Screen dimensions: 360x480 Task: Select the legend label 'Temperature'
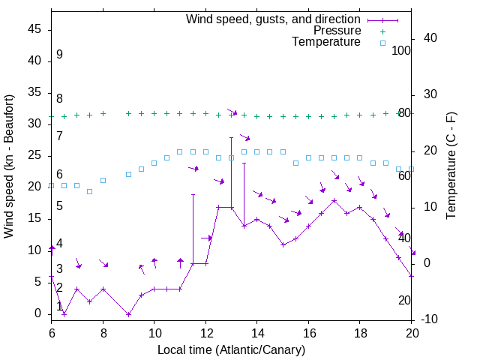coord(326,42)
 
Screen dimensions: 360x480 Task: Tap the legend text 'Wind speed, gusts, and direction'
coord(274,19)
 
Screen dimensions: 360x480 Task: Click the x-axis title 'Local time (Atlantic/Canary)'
coord(232,349)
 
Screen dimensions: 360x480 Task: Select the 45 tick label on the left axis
coord(35,29)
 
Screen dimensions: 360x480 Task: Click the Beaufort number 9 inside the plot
coord(59,55)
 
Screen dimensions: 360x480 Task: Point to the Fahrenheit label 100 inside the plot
coord(402,50)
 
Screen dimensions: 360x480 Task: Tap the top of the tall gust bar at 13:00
coord(231,137)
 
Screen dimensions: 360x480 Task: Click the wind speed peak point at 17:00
coord(334,200)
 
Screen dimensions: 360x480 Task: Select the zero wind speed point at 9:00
coord(128,314)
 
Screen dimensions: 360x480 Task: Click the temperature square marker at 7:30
coord(90,191)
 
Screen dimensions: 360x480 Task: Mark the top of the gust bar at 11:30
coord(193,194)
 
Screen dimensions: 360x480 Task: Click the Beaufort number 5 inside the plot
coord(59,205)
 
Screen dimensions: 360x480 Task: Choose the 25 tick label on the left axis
coord(35,155)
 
